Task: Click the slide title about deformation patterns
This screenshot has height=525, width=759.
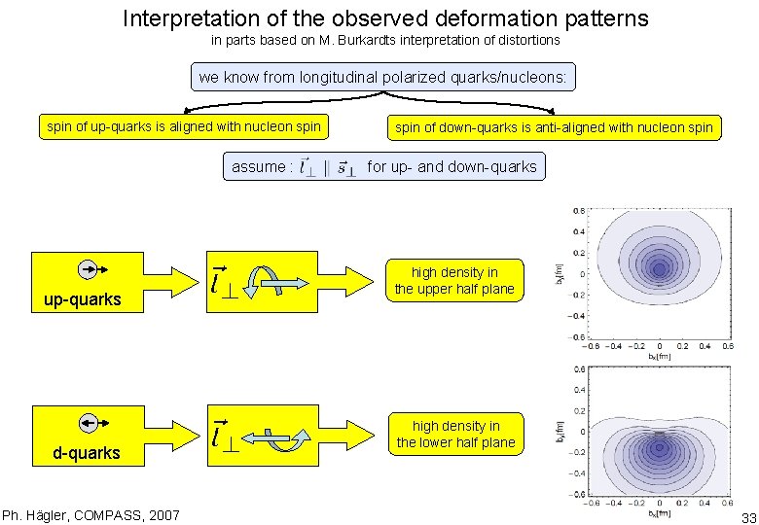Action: tap(385, 17)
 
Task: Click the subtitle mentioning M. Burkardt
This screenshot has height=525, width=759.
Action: tap(385, 41)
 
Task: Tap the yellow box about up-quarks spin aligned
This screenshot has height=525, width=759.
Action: tap(184, 126)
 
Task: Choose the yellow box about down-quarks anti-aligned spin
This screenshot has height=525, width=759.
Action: tap(554, 127)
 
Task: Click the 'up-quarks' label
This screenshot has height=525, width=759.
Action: tap(83, 299)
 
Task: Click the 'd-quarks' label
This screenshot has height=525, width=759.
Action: tap(87, 453)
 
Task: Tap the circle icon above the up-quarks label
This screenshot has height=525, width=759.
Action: tap(88, 269)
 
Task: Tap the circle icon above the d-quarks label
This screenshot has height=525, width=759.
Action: tap(88, 422)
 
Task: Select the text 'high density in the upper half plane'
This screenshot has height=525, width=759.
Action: tap(454, 281)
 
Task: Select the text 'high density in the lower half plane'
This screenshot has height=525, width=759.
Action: tap(455, 435)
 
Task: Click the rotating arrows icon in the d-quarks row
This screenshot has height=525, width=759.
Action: tap(276, 437)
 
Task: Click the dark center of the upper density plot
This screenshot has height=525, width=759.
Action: tap(660, 263)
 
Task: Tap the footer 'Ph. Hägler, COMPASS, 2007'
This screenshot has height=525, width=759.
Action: tap(77, 514)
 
